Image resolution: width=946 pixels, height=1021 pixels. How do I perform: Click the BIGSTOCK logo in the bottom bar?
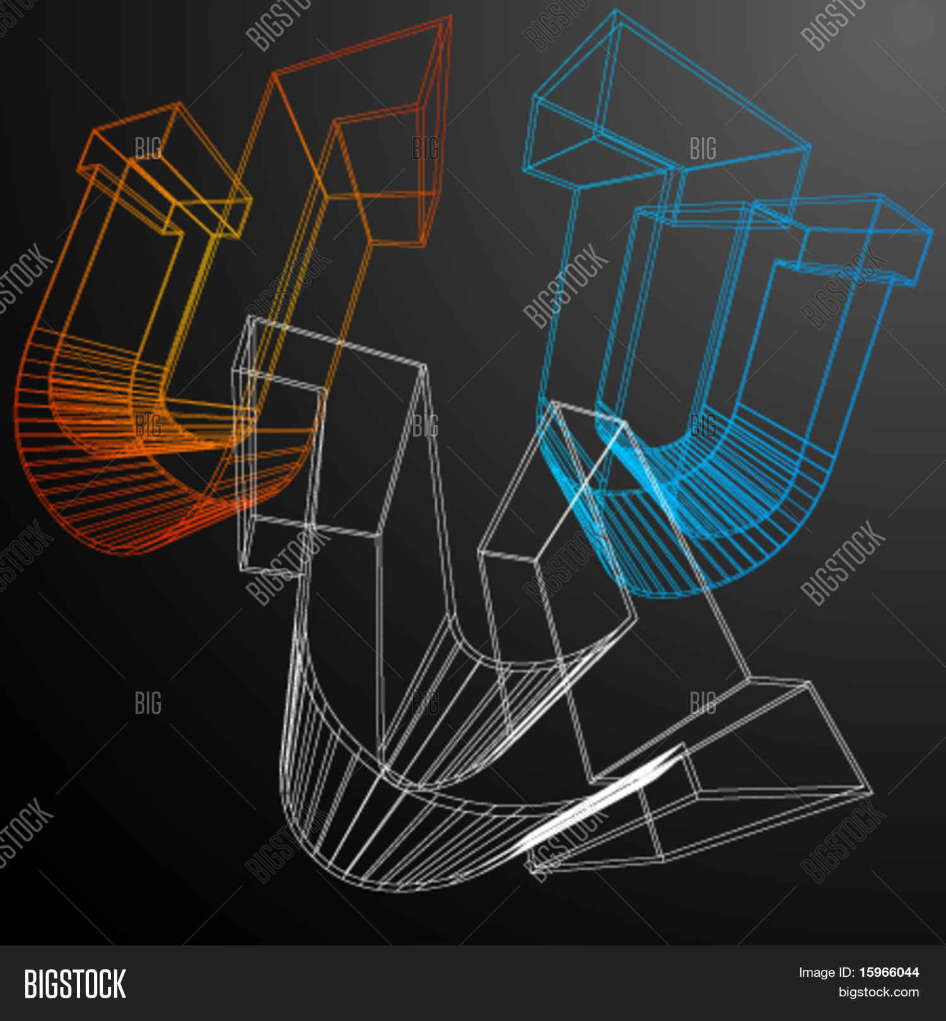click(75, 984)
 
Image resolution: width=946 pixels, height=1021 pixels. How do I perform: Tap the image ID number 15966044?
click(889, 972)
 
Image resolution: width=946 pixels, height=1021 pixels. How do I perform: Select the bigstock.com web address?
click(879, 993)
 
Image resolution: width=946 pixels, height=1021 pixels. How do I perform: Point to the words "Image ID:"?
click(826, 972)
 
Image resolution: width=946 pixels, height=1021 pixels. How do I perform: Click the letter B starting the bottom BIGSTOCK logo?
click(30, 984)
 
